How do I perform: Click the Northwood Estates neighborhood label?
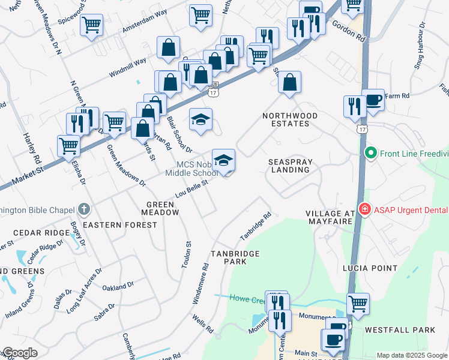tap(285, 119)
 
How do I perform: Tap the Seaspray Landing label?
tap(289, 165)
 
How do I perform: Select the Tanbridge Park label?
tap(235, 257)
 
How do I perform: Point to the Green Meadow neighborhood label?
tap(160, 208)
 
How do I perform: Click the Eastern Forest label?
tap(119, 225)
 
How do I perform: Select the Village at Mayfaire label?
tap(331, 219)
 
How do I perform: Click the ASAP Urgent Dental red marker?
tap(364, 209)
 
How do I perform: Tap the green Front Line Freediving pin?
tap(370, 154)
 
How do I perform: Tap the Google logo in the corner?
tap(19, 353)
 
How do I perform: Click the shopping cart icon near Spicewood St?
tap(91, 25)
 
